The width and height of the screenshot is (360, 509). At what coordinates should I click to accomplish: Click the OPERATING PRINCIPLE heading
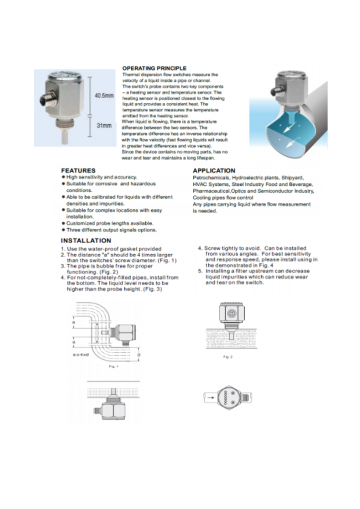(154, 68)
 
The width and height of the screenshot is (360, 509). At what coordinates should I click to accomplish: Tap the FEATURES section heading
(78, 170)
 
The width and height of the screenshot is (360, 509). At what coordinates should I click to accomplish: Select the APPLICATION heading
(213, 170)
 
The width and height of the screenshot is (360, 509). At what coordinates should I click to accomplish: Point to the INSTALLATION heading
(86, 241)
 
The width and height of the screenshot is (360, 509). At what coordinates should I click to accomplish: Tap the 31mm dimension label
(103, 125)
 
